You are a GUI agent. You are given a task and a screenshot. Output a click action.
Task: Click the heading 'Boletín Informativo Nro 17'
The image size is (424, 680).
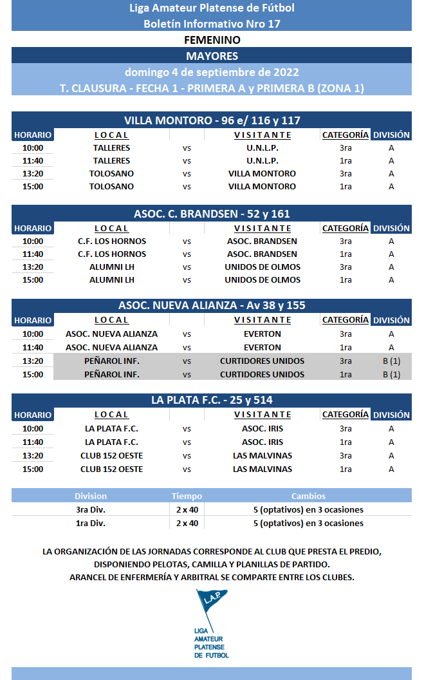click(212, 24)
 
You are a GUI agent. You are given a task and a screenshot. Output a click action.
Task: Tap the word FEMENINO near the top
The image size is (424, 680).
click(212, 40)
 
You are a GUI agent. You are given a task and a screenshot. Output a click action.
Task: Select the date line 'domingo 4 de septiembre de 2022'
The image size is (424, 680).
click(212, 72)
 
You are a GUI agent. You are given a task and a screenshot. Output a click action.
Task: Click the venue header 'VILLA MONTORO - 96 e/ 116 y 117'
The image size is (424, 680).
click(212, 120)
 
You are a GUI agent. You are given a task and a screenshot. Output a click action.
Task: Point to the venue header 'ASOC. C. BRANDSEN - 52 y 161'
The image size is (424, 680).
click(212, 214)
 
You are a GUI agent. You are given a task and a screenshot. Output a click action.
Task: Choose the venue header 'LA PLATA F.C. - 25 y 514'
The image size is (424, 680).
click(212, 400)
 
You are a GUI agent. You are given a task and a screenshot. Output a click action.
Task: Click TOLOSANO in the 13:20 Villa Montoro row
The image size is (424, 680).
click(111, 174)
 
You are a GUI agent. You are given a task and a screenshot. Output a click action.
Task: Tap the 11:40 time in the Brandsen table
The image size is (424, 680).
click(33, 254)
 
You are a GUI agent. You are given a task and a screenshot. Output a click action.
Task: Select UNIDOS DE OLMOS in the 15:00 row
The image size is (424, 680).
click(263, 280)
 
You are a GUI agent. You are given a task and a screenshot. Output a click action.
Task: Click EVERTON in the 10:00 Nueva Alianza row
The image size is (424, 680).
click(263, 334)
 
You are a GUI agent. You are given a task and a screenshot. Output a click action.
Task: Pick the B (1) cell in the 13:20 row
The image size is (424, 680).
click(391, 361)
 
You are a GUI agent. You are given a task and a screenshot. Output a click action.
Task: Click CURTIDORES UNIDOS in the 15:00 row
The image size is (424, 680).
click(263, 375)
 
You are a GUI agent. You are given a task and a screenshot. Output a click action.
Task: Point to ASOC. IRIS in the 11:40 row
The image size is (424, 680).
click(263, 442)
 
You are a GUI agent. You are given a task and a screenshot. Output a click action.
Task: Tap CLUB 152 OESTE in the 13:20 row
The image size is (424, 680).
click(111, 456)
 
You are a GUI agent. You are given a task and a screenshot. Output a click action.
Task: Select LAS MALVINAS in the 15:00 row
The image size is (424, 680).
click(263, 469)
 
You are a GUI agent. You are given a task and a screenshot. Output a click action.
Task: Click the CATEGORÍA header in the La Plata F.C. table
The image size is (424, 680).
click(346, 415)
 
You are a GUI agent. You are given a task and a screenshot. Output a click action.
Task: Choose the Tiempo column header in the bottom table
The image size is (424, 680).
click(187, 496)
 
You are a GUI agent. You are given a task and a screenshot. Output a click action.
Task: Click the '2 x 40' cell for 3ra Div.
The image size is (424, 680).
click(187, 510)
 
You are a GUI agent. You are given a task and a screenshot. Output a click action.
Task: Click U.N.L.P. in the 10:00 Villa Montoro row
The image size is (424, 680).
click(263, 147)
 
